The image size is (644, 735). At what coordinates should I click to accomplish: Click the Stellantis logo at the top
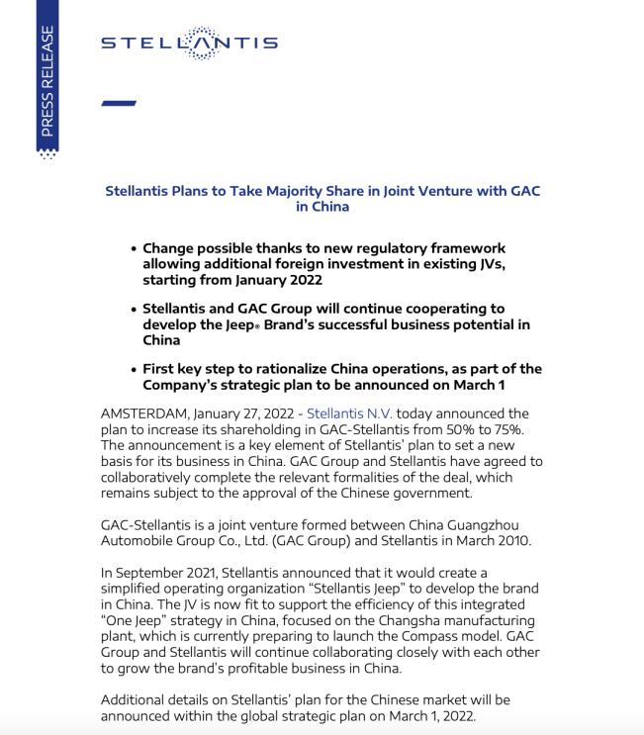[x=189, y=44]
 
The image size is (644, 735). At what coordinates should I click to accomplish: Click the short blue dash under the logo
[x=119, y=102]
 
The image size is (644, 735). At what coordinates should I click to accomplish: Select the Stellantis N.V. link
[x=350, y=413]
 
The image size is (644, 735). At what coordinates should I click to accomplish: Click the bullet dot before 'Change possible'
[x=134, y=248]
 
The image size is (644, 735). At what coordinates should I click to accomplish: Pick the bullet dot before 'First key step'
[x=134, y=369]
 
